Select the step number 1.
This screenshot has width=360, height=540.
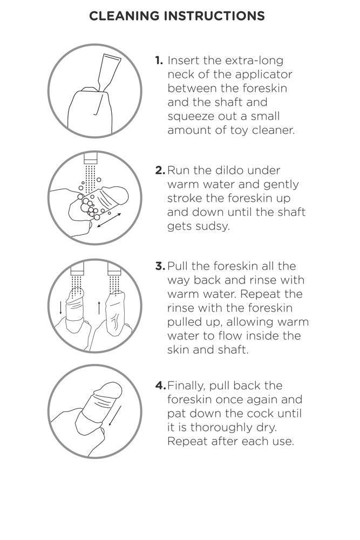pos(159,60)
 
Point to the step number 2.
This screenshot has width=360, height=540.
pos(160,171)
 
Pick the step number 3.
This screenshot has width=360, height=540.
pos(160,266)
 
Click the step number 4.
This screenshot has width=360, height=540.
pos(161,386)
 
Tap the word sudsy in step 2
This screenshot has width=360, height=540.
pos(198,227)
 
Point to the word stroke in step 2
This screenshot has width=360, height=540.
pos(185,198)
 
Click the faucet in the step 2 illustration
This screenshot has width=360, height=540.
pos(91,158)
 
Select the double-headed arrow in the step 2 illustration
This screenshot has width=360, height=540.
pos(109,220)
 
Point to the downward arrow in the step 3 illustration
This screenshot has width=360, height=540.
pos(61,308)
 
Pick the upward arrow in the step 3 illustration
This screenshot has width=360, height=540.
pos(99,308)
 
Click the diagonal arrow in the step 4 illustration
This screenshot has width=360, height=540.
pos(114,416)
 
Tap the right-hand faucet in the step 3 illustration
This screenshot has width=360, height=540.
pos(114,268)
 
